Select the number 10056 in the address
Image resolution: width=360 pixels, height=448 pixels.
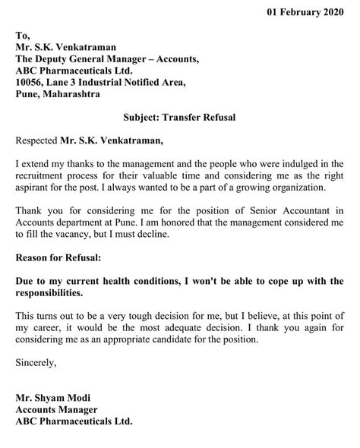tap(32, 82)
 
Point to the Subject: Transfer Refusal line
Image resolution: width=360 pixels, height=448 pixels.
tap(179, 118)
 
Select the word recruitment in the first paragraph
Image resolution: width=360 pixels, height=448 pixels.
tap(43, 175)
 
